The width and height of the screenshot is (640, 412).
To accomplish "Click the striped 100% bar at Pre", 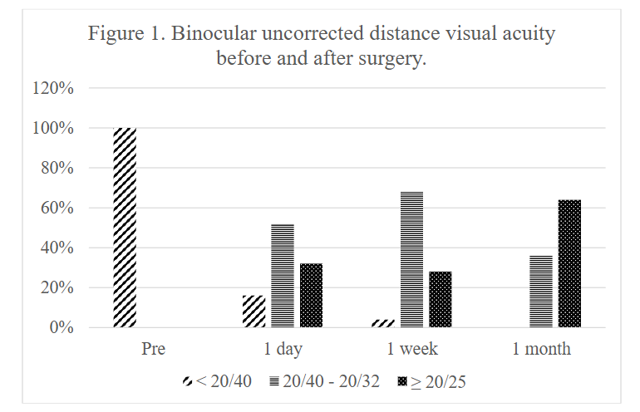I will tap(124, 228).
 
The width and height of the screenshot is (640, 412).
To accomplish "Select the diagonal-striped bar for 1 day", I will tap(254, 311).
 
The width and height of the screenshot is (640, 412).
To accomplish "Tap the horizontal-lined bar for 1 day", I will tap(283, 276).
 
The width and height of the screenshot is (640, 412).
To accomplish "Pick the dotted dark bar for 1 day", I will tap(312, 296).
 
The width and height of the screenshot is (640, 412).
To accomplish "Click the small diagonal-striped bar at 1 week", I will tap(383, 323).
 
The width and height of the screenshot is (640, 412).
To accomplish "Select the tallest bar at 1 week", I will tap(412, 259).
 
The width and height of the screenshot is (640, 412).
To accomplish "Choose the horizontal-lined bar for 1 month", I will tap(541, 292).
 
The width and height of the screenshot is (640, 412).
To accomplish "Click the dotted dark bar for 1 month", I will tap(570, 263).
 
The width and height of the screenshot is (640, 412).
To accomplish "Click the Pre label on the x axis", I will tap(153, 349).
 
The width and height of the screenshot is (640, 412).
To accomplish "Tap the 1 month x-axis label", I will tap(541, 349).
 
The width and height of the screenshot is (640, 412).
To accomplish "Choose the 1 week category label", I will tap(412, 349).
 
